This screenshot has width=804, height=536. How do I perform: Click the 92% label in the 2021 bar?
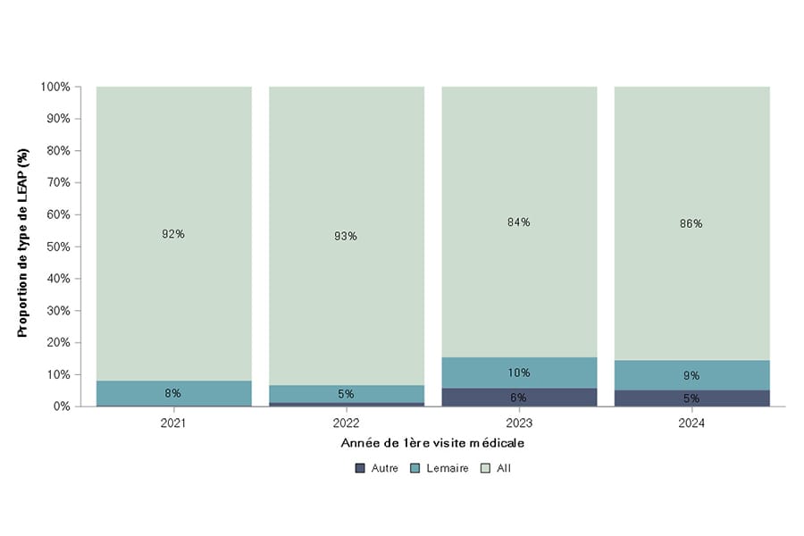[173, 234]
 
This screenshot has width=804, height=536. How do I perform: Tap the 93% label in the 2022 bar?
[346, 236]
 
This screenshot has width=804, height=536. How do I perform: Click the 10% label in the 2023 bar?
[519, 373]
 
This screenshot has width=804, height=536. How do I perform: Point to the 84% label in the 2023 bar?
[519, 222]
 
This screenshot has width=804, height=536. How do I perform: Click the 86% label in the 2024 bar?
[691, 223]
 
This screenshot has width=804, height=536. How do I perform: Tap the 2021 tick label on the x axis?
[173, 423]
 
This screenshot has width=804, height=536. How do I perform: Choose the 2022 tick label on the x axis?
[346, 423]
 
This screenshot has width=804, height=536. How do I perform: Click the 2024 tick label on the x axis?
[691, 423]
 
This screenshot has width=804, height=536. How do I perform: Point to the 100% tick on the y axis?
[55, 87]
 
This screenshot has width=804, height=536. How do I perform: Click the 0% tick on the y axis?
[61, 406]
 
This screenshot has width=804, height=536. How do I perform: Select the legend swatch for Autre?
[360, 467]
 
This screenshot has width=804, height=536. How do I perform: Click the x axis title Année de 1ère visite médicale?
[432, 443]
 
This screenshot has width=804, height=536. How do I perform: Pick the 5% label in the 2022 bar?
[346, 394]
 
